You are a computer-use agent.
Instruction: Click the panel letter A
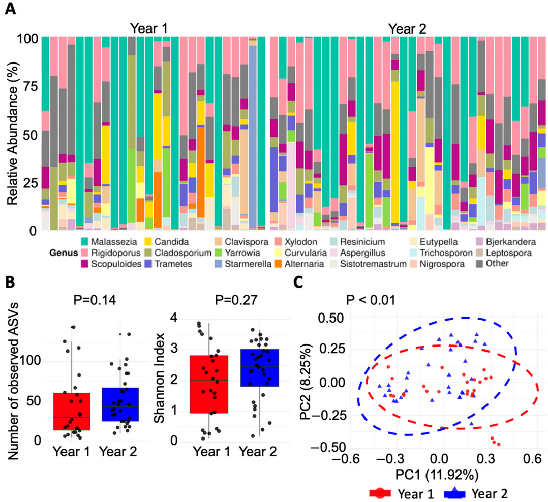(10, 9)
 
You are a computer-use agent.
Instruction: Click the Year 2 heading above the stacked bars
(405, 27)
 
